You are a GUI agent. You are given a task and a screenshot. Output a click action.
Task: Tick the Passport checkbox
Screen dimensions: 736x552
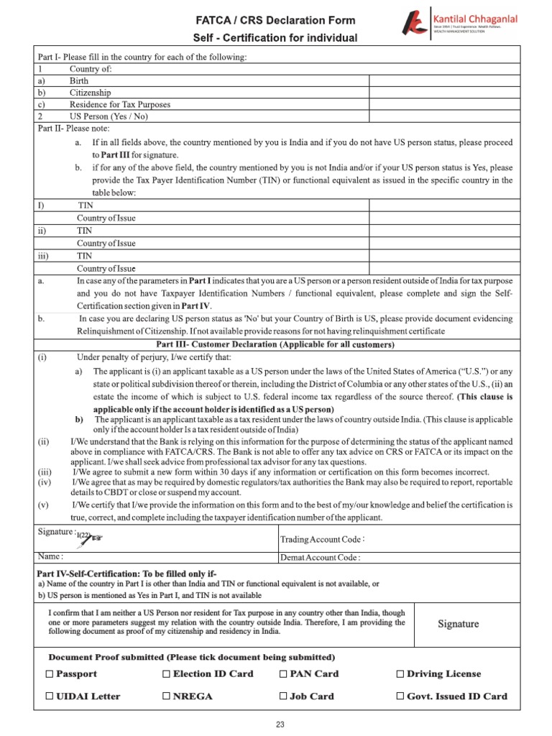[x=49, y=674]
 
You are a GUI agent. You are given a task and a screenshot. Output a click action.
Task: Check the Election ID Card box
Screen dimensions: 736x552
[x=166, y=674]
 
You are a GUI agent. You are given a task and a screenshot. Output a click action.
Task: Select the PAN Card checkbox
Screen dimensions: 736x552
[x=283, y=674]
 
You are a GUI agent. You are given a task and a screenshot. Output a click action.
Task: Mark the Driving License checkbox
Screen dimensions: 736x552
[x=400, y=674]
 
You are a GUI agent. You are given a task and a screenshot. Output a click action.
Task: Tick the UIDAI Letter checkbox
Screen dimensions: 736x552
[x=49, y=696]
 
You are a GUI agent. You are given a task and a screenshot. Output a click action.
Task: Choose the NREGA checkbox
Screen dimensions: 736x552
[x=166, y=696]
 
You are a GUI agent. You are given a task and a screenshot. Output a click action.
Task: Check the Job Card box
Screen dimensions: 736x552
[x=283, y=696]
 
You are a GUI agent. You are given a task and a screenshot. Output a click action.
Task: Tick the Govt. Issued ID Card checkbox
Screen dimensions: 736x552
[x=400, y=696]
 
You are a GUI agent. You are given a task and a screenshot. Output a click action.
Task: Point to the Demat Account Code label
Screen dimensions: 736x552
[x=320, y=557]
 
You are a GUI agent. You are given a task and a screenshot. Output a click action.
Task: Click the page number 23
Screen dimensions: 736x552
[x=280, y=724]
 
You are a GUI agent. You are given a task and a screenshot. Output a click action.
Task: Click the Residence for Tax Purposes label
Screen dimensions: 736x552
[x=119, y=104]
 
